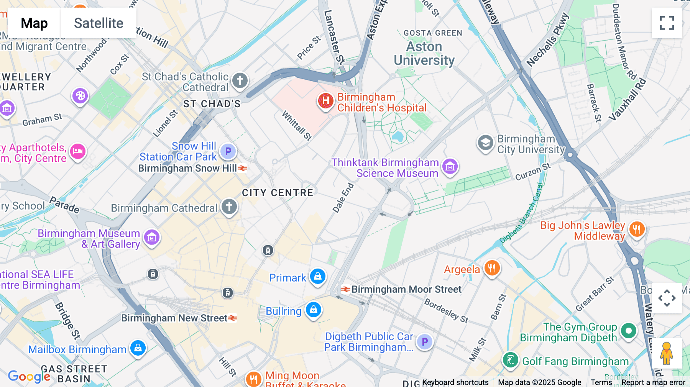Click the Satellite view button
[x=99, y=23]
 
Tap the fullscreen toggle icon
[x=667, y=23]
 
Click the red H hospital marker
[x=325, y=101]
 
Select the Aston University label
[x=424, y=54]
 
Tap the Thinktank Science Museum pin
[x=450, y=167]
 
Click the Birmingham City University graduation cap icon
[x=485, y=143]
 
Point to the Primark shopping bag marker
[x=317, y=276]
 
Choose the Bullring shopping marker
[x=313, y=310]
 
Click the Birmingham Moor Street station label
[x=406, y=289]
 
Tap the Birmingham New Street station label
[x=174, y=318]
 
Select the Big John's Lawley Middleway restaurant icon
[x=637, y=230]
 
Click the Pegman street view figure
[x=667, y=353]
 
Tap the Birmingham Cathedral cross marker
[x=229, y=207]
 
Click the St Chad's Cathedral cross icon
[x=240, y=81]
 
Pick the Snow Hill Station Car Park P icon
[x=228, y=151]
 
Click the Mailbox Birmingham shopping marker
[x=138, y=348]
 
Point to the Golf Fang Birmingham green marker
[x=510, y=360]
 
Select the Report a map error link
[x=653, y=382]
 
